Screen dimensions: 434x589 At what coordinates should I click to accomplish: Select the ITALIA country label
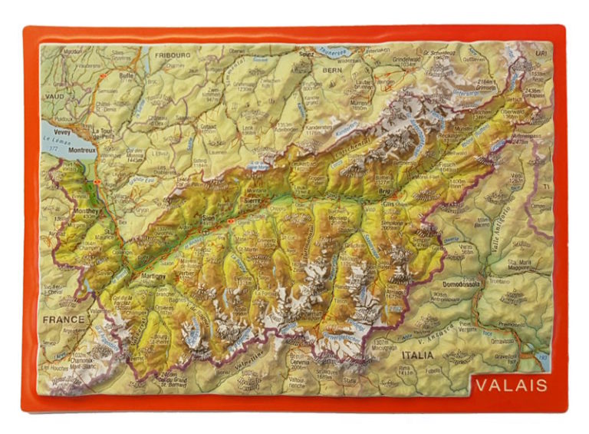point(417,356)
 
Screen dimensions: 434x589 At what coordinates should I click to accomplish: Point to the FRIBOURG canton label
point(172,56)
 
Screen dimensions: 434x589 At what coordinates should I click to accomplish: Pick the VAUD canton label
point(54,98)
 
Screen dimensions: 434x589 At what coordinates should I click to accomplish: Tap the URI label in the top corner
point(542,53)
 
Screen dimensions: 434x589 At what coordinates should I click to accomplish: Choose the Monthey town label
point(82,210)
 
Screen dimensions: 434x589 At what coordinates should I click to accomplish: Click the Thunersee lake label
point(334,51)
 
